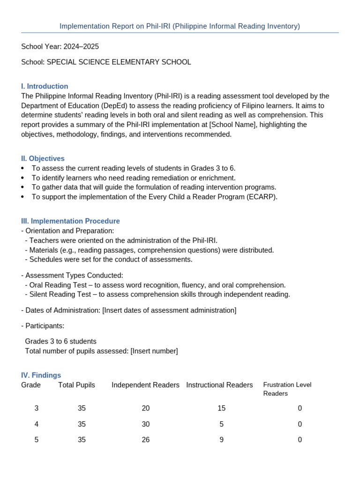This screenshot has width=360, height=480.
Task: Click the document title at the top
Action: [x=180, y=26]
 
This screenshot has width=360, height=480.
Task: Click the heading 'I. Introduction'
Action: [x=45, y=86]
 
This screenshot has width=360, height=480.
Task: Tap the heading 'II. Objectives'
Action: [x=43, y=158]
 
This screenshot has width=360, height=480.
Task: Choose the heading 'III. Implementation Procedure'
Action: [x=70, y=221]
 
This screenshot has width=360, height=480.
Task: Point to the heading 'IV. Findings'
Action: [x=41, y=375]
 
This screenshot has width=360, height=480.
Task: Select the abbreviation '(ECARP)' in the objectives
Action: [x=262, y=197]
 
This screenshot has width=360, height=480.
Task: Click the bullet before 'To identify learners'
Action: [x=23, y=178]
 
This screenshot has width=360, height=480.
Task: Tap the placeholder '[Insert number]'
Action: [x=154, y=351]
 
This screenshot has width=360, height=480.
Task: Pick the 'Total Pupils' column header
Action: [x=76, y=385]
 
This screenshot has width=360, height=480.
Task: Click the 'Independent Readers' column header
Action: [x=145, y=385]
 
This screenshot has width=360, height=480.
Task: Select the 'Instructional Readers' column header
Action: [x=219, y=385]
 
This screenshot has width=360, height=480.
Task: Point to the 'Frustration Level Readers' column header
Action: [x=287, y=389]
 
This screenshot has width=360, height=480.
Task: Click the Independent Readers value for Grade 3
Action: [x=146, y=408]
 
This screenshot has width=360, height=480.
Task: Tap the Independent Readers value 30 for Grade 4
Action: [x=146, y=424]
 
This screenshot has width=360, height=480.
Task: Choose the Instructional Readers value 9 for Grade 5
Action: [x=221, y=440]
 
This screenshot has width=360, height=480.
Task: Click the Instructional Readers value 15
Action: [x=221, y=408]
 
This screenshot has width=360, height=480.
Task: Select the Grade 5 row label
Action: [x=37, y=440]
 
